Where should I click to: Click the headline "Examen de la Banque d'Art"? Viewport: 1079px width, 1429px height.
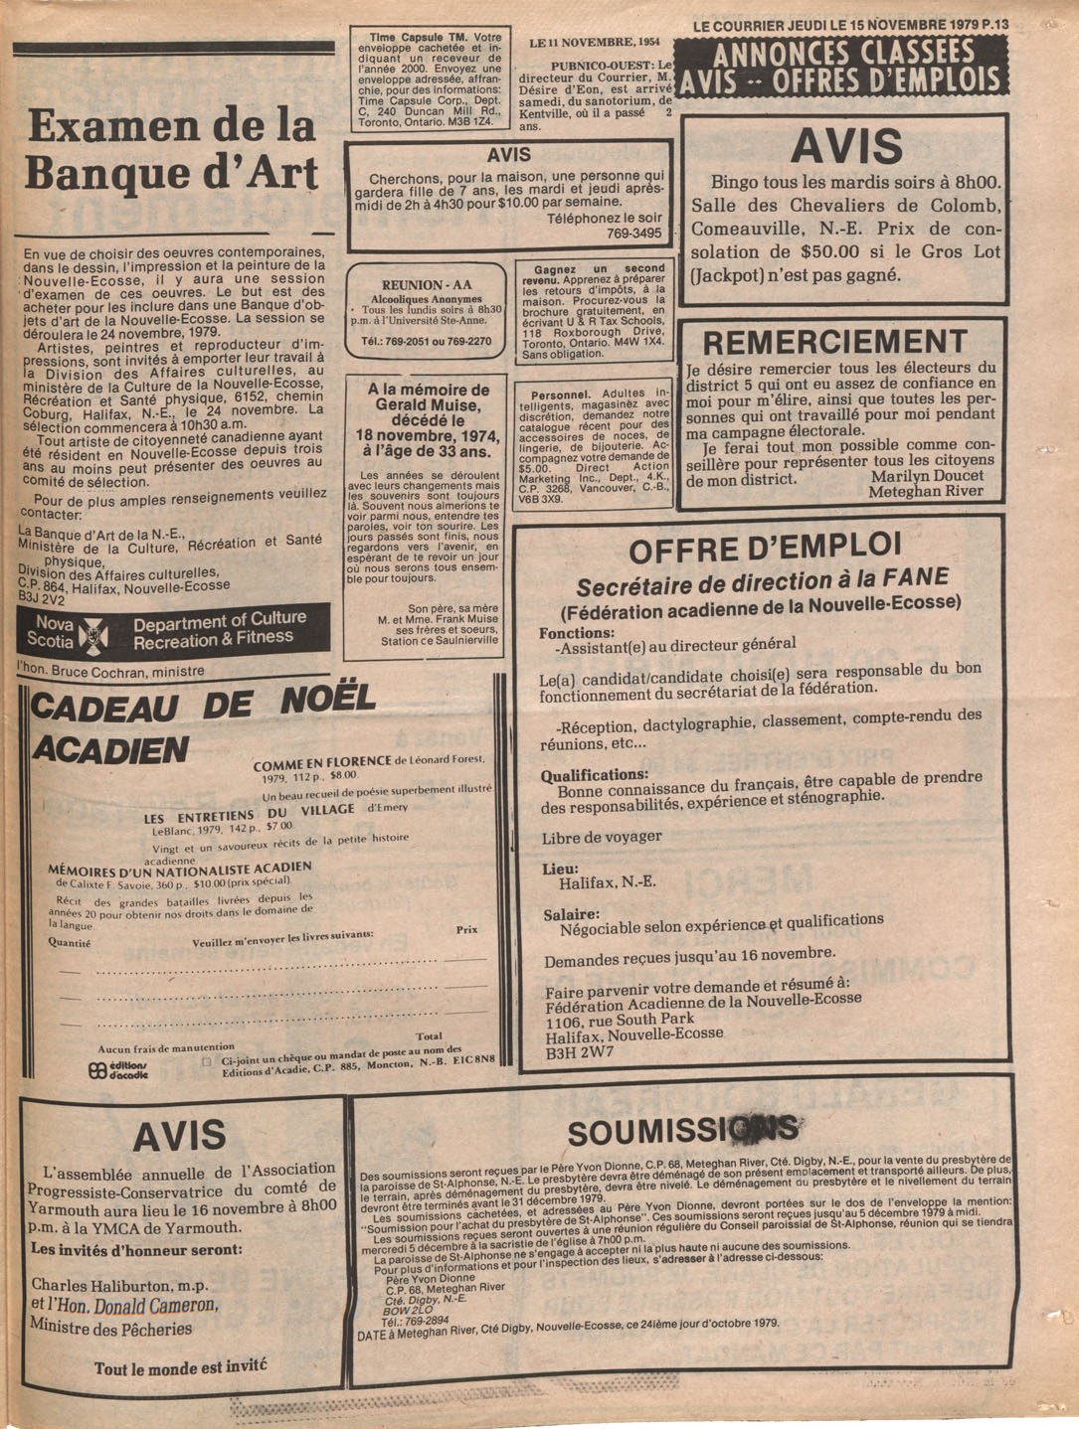[171, 149]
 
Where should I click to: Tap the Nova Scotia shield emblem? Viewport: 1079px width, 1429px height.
[95, 632]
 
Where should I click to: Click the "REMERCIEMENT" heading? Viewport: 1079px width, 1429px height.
[834, 342]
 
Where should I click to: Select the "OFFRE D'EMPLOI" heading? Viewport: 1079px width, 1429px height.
[765, 548]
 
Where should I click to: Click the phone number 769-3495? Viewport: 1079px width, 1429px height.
[633, 234]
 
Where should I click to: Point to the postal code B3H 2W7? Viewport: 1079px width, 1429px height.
[580, 1053]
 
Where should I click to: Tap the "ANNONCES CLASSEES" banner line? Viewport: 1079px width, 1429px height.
[843, 54]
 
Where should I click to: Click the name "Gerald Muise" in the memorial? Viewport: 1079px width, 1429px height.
[427, 404]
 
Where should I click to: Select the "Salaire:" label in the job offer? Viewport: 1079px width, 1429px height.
[571, 913]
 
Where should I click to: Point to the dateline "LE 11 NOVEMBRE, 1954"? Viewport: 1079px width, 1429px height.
[594, 44]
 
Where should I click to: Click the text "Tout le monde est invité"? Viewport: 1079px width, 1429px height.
[180, 1367]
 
